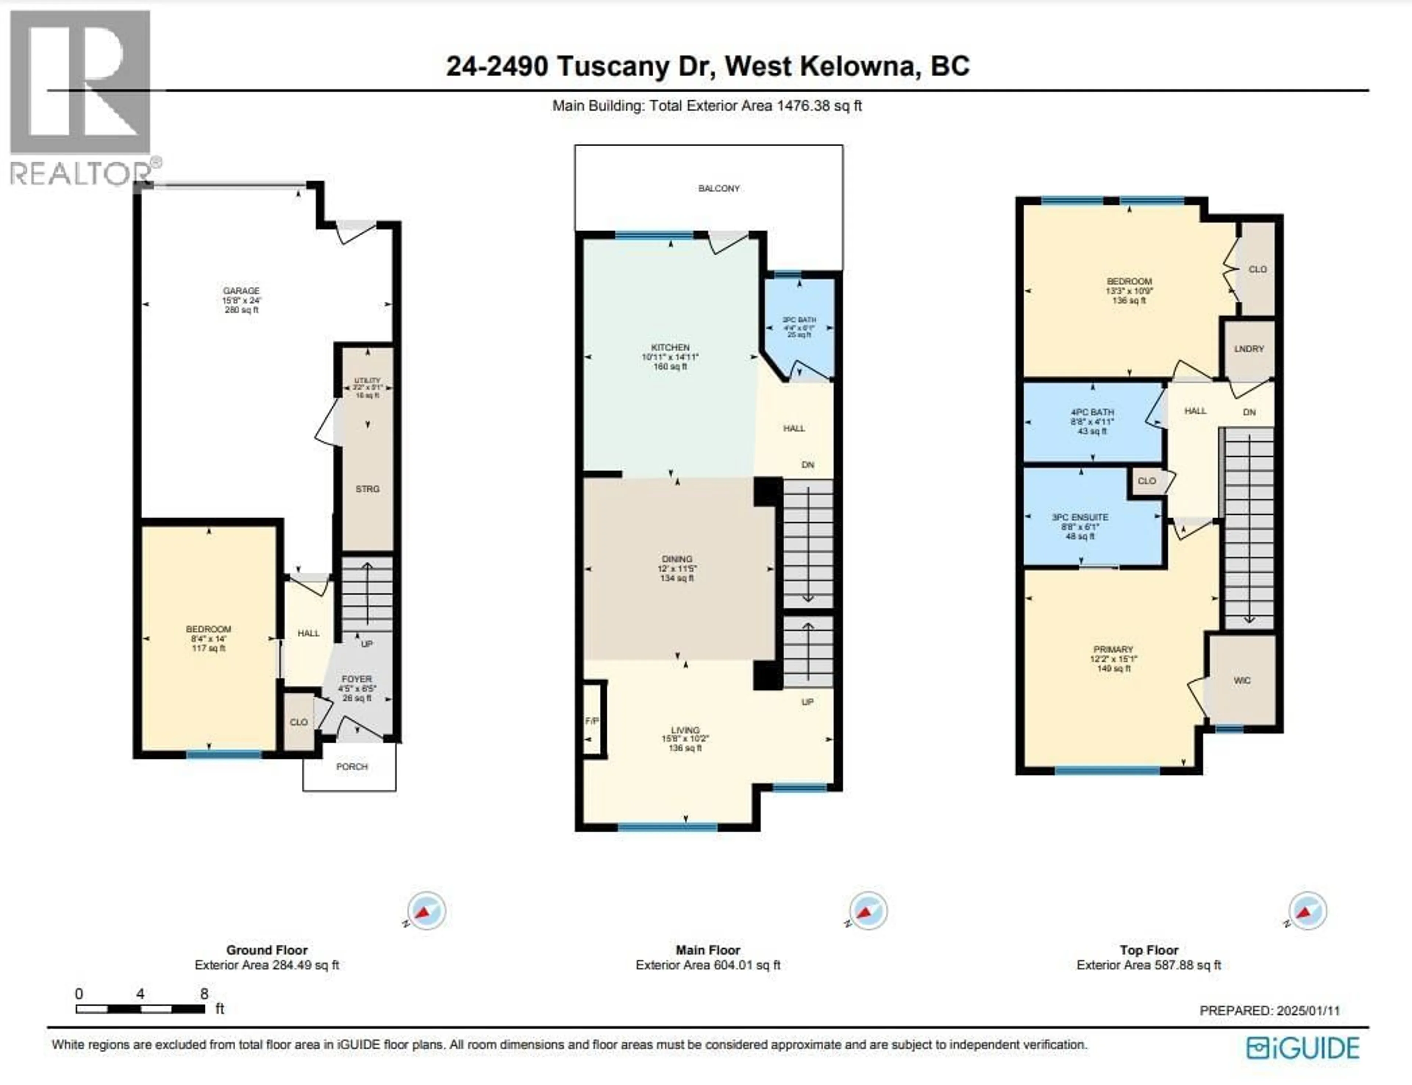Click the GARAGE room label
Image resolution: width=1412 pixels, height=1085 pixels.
coord(241,291)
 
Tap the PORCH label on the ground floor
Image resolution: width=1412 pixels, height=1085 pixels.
coord(352,767)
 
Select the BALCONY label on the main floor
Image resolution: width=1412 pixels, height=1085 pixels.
coord(718,189)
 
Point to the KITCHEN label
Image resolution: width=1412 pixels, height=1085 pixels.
coord(670,347)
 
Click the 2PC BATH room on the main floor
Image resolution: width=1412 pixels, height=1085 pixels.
coord(799,327)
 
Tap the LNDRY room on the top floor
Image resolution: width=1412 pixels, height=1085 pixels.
coord(1249,349)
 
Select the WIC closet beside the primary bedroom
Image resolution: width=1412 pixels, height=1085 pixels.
coord(1241,681)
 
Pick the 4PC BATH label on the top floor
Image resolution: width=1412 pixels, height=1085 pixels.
coord(1092,412)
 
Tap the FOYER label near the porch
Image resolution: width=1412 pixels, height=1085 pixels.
coord(357,680)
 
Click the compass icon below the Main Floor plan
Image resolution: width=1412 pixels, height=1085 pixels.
coord(867,911)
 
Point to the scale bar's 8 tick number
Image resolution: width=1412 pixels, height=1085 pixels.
coord(204,994)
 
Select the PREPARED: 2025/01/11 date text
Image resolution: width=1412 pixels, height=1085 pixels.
coord(1269,1011)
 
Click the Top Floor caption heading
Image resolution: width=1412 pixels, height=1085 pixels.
coord(1148,950)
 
